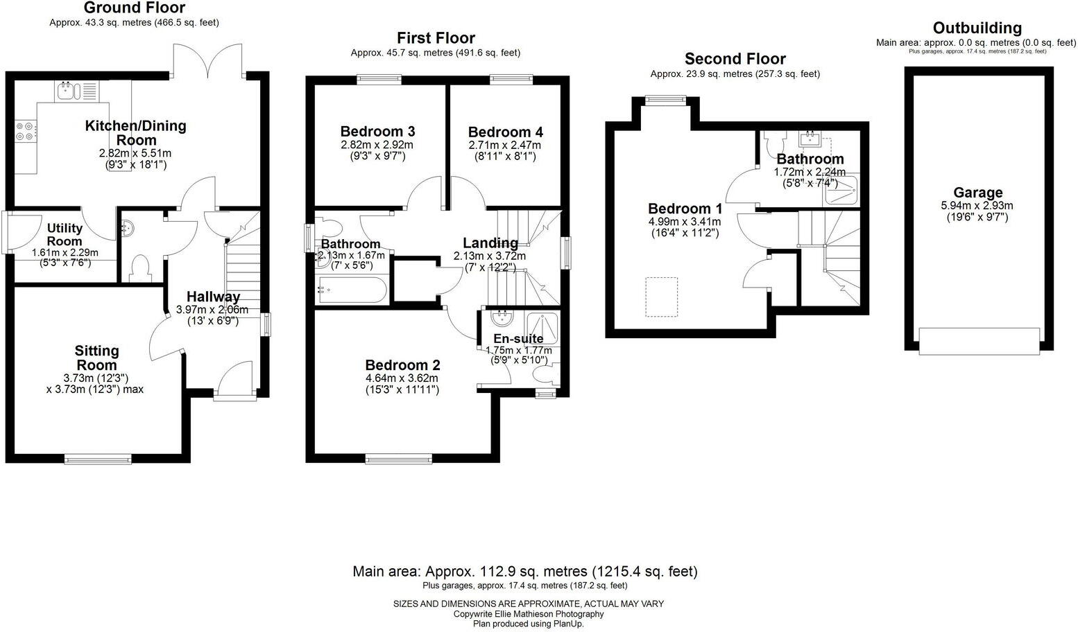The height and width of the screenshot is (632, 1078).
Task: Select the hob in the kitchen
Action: point(24,132)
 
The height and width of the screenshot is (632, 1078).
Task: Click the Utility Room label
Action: point(65,234)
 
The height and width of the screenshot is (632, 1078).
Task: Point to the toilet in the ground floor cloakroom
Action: point(141,269)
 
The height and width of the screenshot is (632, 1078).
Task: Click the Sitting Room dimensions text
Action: point(95,383)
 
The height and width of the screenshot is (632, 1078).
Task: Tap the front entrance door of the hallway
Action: point(234,380)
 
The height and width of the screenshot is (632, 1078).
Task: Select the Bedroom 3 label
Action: point(377,132)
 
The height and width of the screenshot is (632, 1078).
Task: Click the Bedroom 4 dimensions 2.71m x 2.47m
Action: point(504,146)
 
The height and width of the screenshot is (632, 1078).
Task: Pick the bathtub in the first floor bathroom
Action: point(351,290)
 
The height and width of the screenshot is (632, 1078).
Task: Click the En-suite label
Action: point(517,339)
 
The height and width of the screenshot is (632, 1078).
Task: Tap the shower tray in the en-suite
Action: point(542,327)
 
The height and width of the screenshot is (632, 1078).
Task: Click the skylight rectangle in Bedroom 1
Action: point(661,297)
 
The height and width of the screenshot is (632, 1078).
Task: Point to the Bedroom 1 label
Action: point(685,209)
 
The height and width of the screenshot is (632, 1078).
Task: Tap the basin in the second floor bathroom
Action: point(810,141)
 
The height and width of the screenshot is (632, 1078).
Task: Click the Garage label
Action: point(977,193)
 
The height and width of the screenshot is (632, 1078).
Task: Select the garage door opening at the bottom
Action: point(979,341)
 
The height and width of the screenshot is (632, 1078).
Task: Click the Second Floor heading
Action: point(735,59)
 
